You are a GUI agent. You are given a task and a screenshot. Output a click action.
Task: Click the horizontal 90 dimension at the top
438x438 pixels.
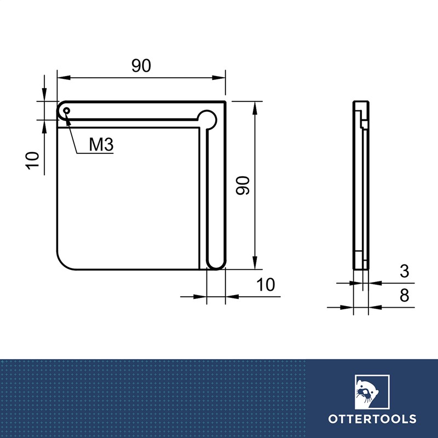(141, 66)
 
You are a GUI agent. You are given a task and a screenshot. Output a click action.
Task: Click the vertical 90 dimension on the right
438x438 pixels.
(243, 186)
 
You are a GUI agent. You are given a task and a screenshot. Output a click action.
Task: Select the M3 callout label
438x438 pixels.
(101, 145)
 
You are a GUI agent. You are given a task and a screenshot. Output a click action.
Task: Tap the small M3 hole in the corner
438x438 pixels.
(66, 111)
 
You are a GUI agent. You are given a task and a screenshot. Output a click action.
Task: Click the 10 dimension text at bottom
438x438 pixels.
(265, 285)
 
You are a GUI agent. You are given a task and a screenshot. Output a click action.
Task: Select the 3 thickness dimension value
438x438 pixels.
(405, 271)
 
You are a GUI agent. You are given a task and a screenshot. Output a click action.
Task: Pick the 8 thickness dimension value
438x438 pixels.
(405, 296)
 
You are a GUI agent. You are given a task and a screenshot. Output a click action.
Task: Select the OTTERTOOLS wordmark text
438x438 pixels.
(372, 419)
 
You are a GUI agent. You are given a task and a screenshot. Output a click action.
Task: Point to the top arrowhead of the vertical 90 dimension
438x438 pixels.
(254, 106)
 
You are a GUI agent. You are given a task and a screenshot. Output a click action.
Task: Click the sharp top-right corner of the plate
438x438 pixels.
(225, 102)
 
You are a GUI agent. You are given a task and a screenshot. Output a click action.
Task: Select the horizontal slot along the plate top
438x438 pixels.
(131, 114)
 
